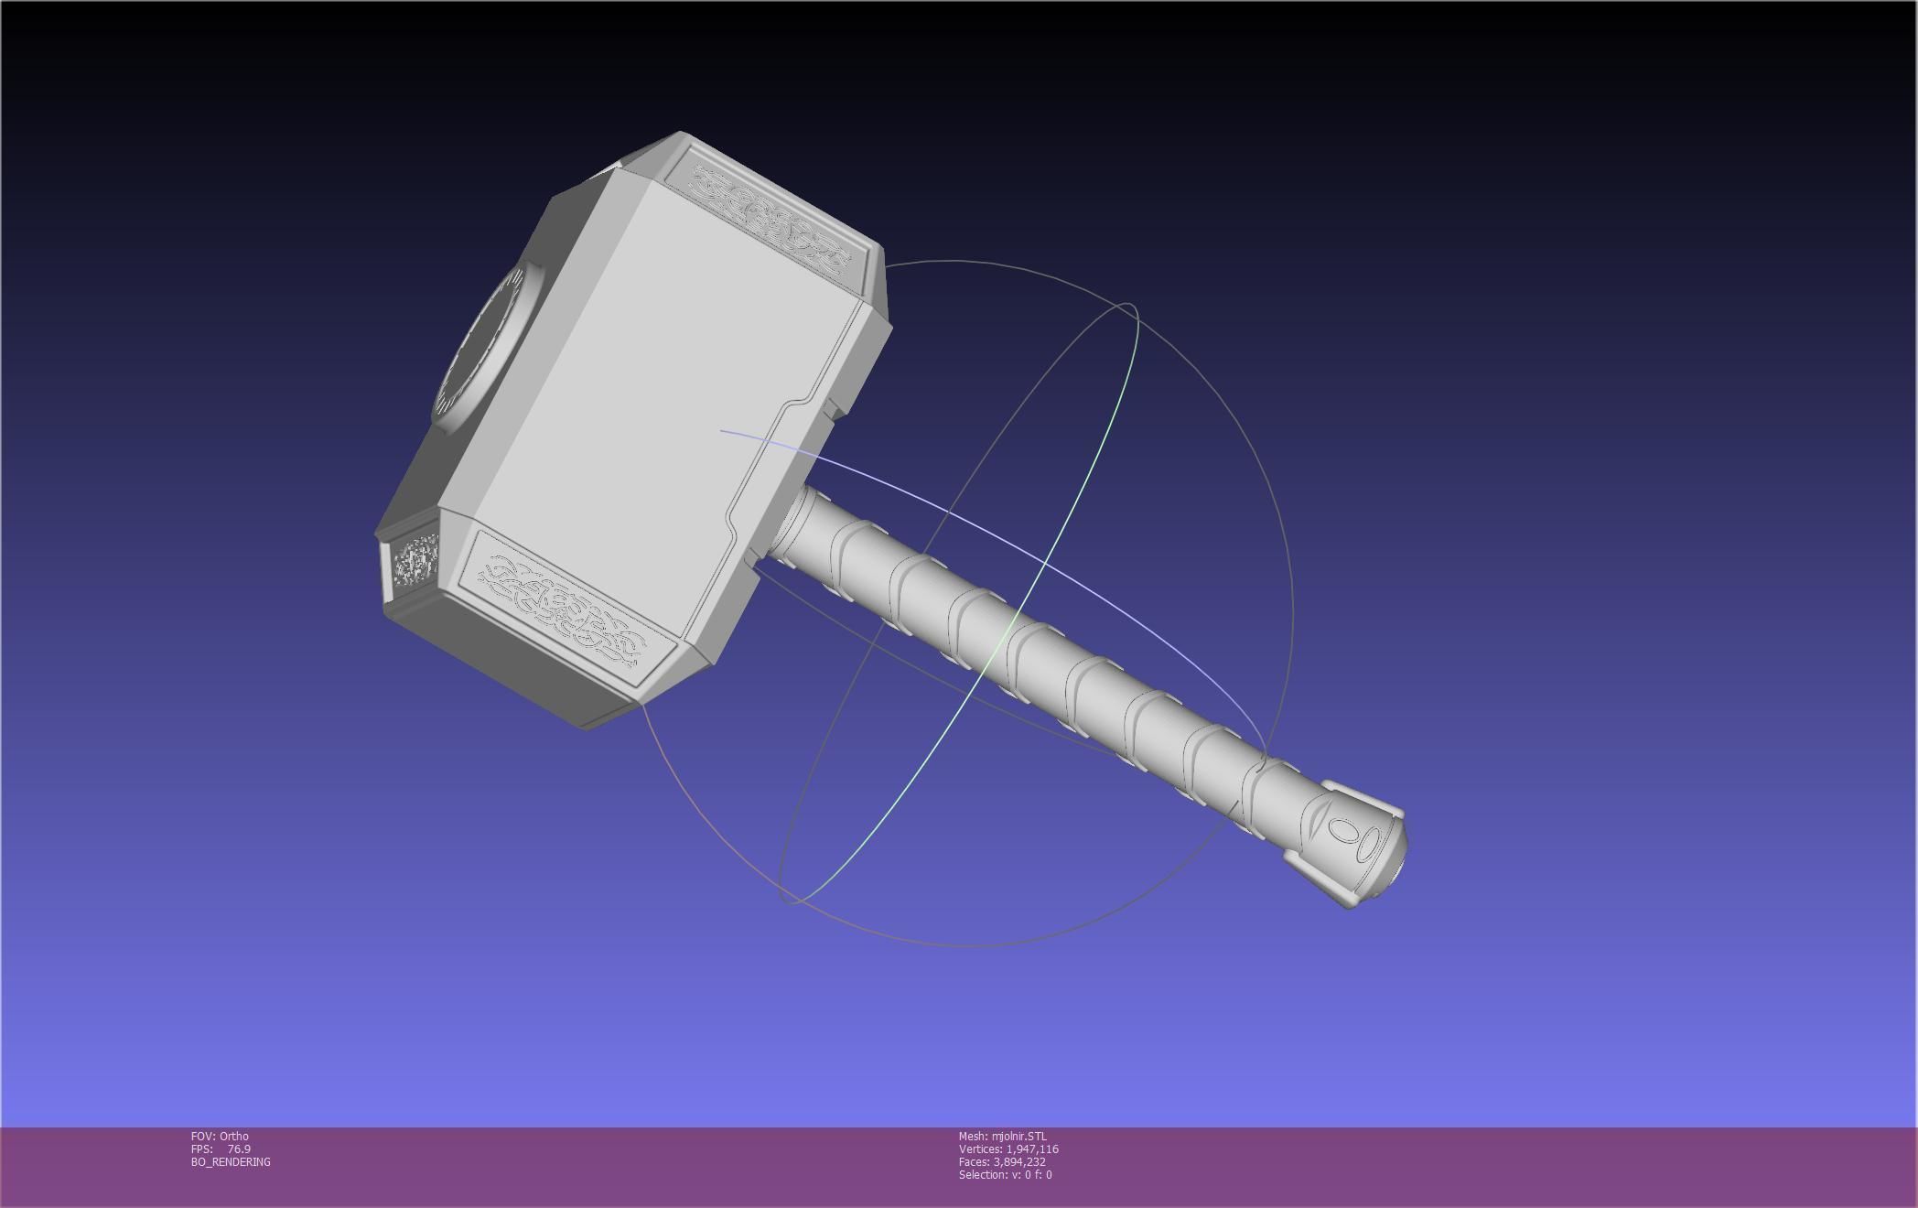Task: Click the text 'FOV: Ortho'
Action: (220, 1136)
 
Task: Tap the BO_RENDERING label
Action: (231, 1161)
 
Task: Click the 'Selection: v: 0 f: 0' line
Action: (1005, 1174)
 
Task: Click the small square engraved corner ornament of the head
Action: (414, 560)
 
